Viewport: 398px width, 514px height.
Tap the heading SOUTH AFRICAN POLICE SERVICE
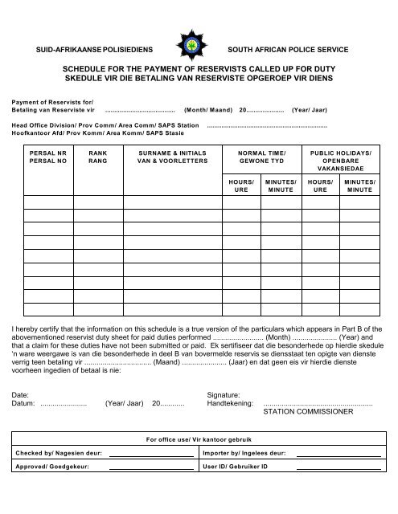pos(289,50)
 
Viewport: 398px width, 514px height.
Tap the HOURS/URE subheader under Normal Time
pos(241,188)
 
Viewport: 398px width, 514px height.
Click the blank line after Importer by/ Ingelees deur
pos(339,455)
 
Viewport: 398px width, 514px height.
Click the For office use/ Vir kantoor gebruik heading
pos(199,440)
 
